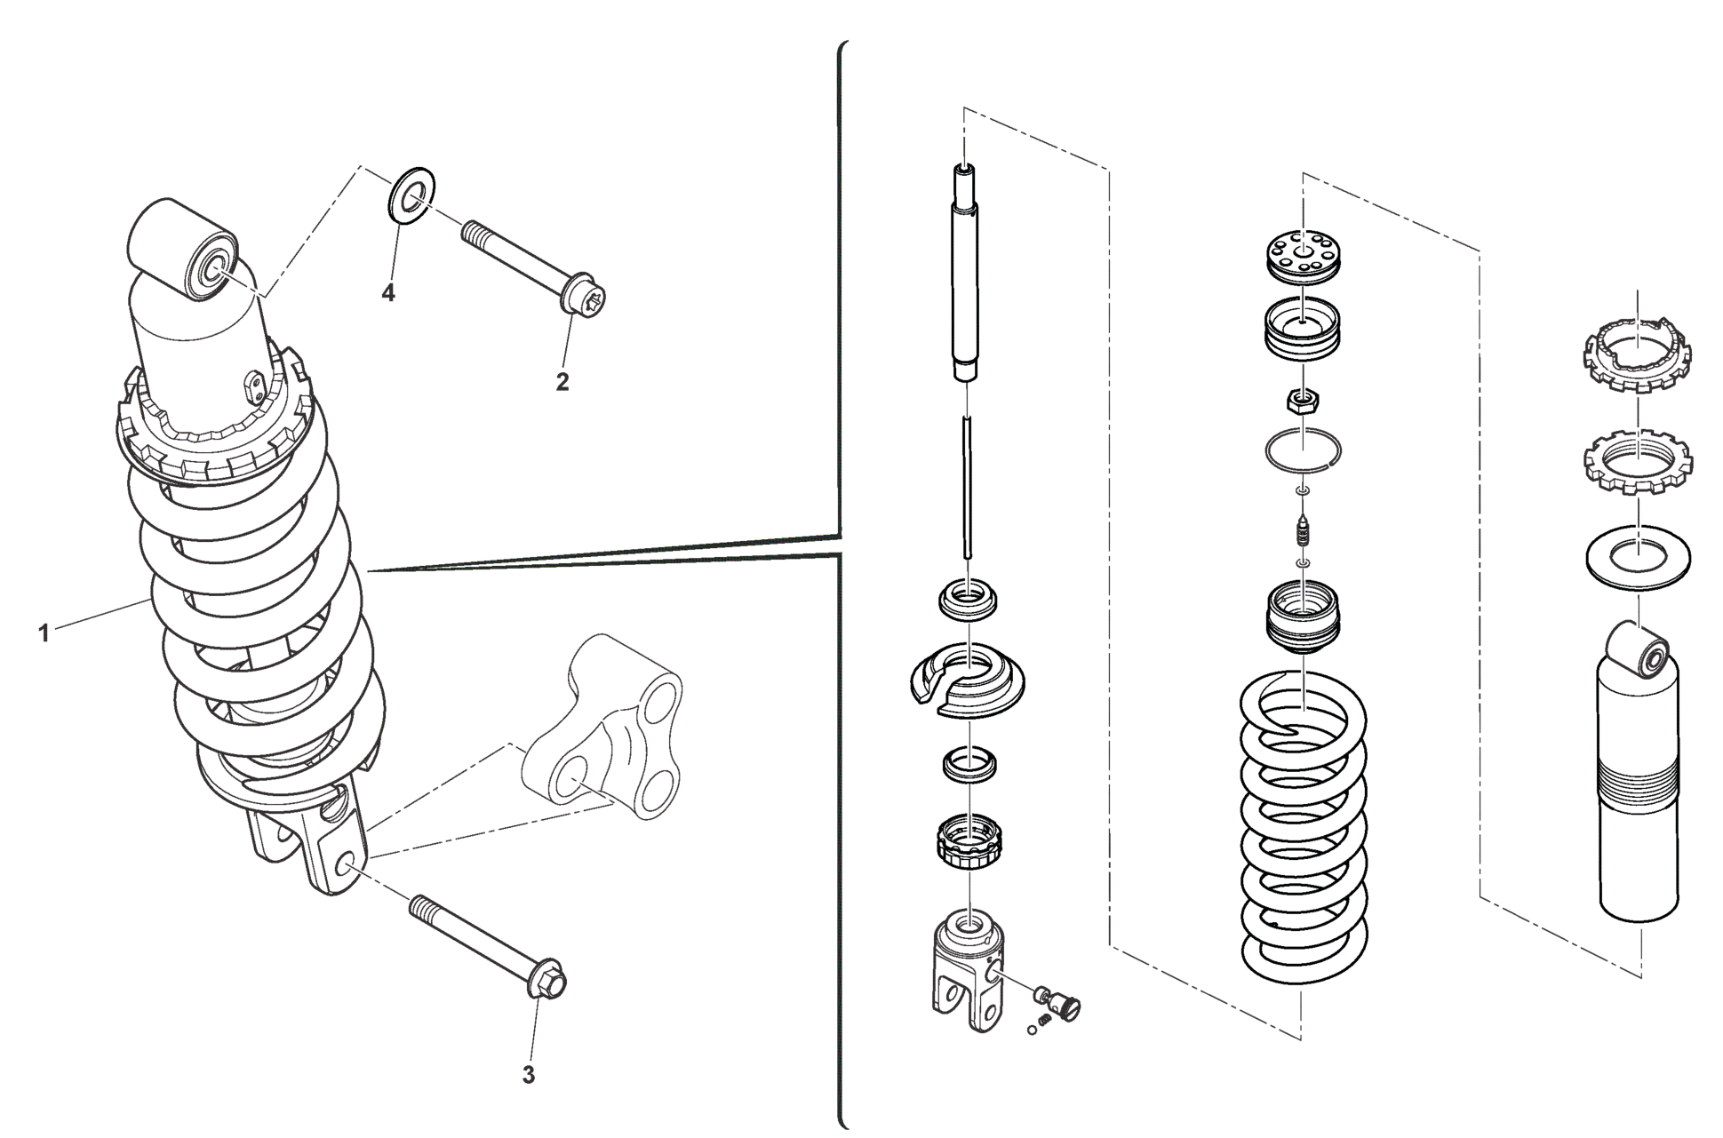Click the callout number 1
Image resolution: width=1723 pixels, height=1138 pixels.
[43, 633]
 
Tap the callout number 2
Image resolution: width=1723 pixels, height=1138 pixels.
[562, 382]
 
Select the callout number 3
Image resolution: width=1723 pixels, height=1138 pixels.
[528, 1075]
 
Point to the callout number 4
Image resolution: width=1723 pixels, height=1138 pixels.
[388, 292]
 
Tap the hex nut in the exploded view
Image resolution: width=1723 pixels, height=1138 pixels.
[1304, 402]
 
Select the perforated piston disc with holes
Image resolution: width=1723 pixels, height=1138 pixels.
[1303, 252]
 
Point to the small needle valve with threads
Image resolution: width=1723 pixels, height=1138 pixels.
[1303, 535]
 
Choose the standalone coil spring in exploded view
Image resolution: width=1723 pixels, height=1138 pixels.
[1303, 826]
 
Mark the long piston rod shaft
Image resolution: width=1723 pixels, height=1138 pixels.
[966, 275]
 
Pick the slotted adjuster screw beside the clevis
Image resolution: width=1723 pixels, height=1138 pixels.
[1061, 1001]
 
